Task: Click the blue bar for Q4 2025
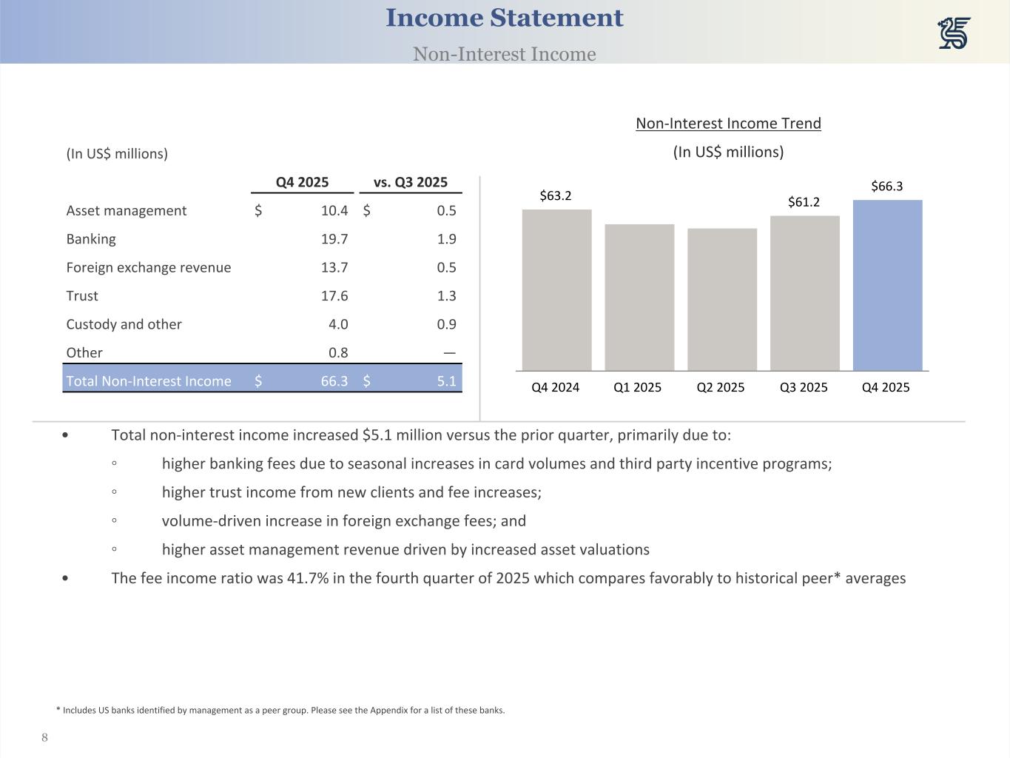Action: (x=887, y=285)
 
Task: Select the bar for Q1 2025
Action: (x=639, y=297)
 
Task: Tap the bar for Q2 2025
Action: (x=722, y=299)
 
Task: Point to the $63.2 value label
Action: (x=556, y=195)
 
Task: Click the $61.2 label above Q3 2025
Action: (x=804, y=202)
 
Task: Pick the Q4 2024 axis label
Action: (x=556, y=387)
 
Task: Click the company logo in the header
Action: (x=954, y=34)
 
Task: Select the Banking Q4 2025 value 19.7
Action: (x=334, y=239)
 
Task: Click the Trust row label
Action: (x=82, y=296)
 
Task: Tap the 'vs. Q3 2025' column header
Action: (x=411, y=182)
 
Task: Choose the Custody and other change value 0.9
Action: (x=446, y=324)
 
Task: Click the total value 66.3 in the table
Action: (x=334, y=381)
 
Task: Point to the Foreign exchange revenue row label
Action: (x=149, y=267)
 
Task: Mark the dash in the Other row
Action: (x=449, y=353)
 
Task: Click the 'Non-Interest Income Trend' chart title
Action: (x=728, y=124)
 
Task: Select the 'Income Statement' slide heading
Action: (x=505, y=19)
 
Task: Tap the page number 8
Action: (x=45, y=737)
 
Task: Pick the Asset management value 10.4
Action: (x=334, y=211)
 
